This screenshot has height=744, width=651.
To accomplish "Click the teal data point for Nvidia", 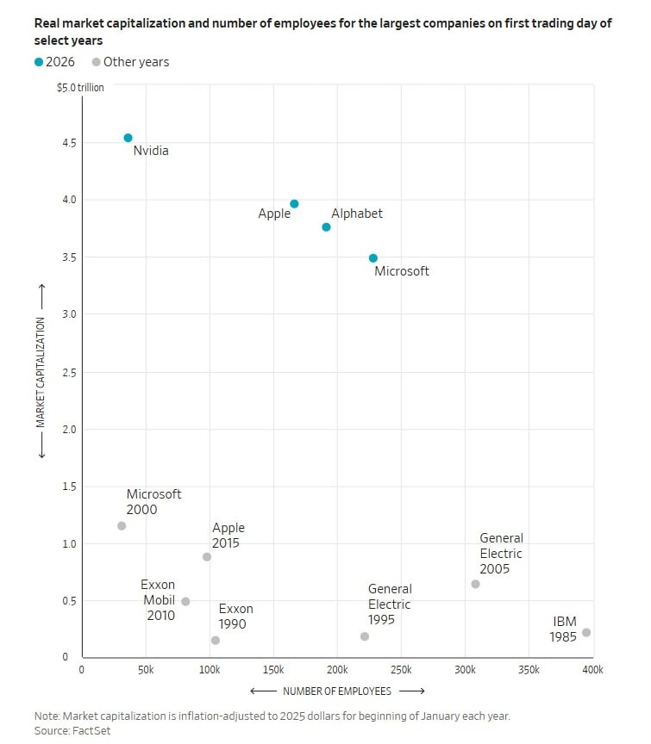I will [128, 138].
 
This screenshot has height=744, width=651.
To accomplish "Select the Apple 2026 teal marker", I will [294, 204].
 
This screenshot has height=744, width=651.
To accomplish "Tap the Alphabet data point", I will [326, 227].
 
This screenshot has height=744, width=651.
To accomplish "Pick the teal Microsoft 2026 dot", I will [372, 258].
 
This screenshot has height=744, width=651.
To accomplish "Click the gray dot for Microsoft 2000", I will [122, 526].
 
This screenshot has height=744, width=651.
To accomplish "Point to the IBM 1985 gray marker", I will [586, 633].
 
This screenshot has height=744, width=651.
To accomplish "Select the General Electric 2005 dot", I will [475, 584].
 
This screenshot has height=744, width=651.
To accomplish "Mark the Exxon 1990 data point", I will [215, 641].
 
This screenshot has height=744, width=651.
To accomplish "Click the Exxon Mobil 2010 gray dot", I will [185, 602].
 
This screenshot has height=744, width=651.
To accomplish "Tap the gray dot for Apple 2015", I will [207, 557].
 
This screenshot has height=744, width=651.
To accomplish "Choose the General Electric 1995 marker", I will [365, 636].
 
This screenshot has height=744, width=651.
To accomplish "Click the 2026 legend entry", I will [57, 62].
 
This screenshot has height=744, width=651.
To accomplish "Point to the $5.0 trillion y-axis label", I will [80, 88].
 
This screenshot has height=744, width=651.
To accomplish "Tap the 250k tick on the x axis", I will [401, 670].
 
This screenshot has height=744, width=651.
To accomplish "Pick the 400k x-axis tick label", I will [592, 670].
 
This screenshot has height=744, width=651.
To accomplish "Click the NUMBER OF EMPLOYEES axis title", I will [337, 691].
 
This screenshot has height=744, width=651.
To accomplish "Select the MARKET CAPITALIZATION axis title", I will [40, 372].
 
